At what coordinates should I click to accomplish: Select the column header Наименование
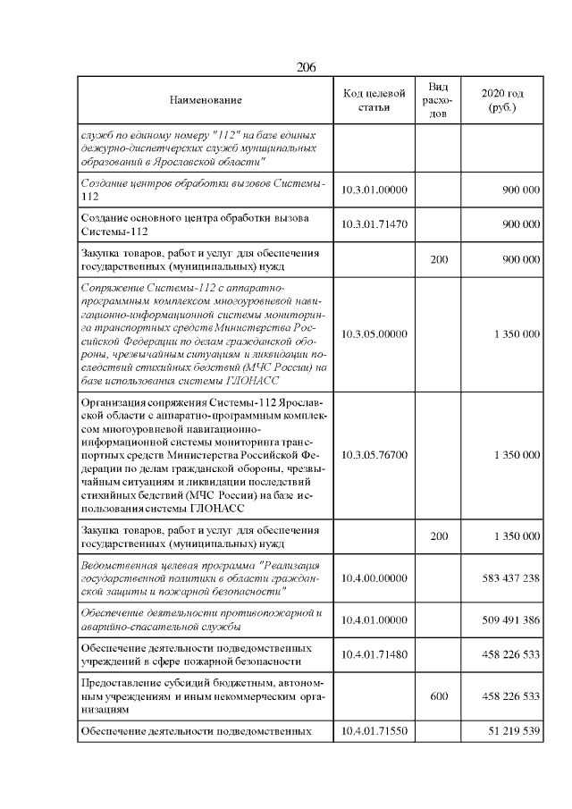[x=206, y=101]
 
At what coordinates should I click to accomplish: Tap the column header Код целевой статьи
[x=374, y=101]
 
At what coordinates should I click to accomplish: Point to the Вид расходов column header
[x=438, y=101]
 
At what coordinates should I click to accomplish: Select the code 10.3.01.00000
[x=374, y=190]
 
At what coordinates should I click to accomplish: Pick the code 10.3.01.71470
[x=374, y=225]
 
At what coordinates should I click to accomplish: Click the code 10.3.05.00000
[x=374, y=333]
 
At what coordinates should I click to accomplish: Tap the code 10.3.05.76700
[x=374, y=454]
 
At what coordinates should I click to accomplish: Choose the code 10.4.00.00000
[x=374, y=578]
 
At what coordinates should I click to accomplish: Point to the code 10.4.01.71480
[x=374, y=654]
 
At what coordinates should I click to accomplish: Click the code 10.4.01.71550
[x=374, y=731]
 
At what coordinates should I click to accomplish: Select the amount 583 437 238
[x=510, y=578]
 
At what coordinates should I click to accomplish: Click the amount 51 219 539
[x=514, y=731]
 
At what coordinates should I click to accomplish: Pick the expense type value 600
[x=439, y=694]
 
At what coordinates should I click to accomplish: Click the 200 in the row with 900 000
[x=439, y=260]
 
